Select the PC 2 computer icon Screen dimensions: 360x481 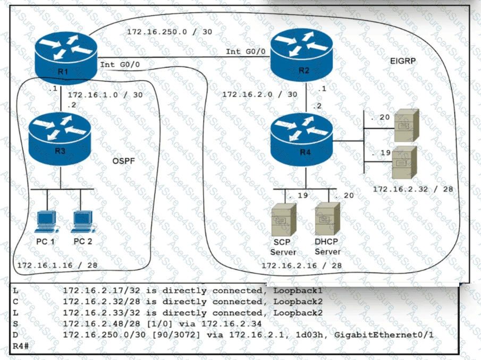[82, 223]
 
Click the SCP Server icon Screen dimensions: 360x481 [283, 223]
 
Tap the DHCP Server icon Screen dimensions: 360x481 [327, 223]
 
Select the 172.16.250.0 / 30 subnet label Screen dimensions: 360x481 [170, 32]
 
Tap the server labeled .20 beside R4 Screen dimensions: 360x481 [409, 125]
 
